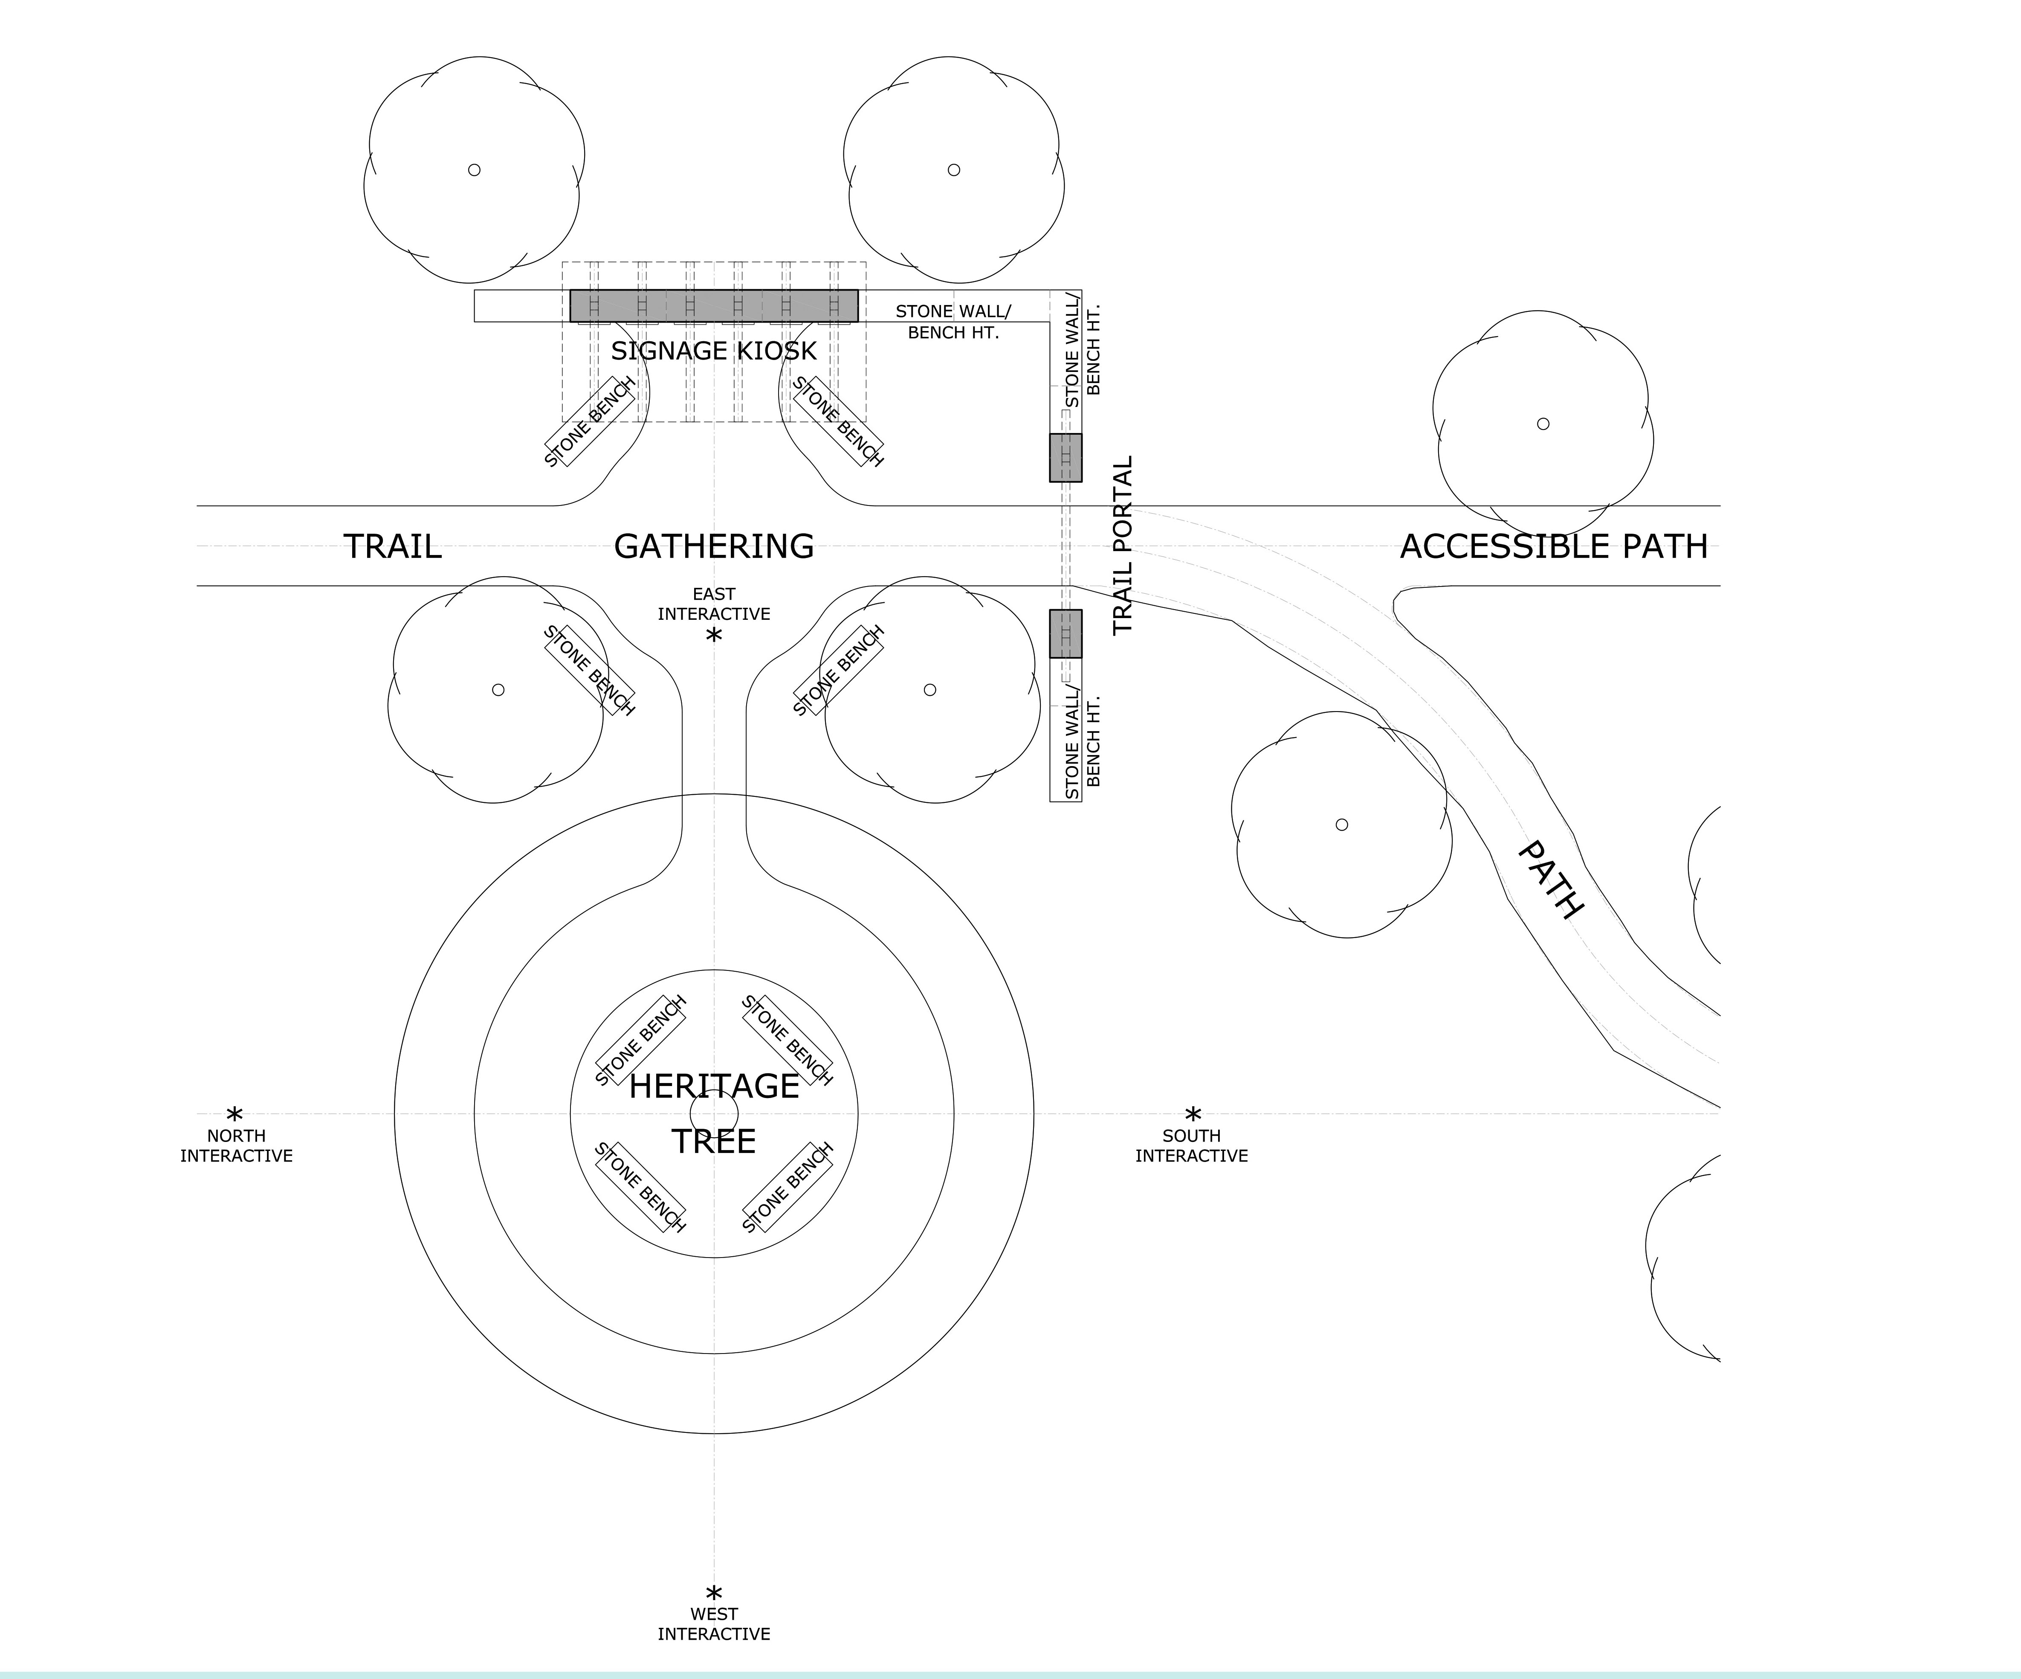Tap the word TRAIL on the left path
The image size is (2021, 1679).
(x=393, y=547)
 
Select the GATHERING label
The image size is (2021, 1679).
(x=713, y=547)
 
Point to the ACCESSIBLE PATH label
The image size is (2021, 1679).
(x=1553, y=547)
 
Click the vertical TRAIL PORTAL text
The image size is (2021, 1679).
(x=1123, y=545)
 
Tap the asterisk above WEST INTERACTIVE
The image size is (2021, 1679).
(x=713, y=1593)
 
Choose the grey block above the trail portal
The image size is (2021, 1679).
(x=1066, y=457)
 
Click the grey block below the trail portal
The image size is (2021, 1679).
(x=1066, y=633)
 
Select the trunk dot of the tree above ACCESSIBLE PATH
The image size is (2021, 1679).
(x=1543, y=424)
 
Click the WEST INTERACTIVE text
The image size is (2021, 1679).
(x=713, y=1624)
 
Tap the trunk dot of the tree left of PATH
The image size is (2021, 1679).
(x=1341, y=824)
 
